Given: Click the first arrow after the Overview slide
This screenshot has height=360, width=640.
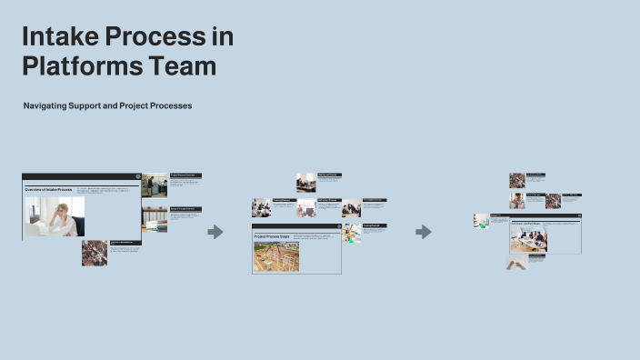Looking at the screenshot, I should point(215,232).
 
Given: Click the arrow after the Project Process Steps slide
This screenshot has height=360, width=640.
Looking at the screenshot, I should point(424,232).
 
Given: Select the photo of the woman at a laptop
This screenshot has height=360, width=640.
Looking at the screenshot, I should point(55,216).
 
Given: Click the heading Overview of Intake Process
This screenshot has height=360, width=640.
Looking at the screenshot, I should point(48,189).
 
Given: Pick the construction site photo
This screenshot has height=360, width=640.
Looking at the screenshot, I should point(276,256).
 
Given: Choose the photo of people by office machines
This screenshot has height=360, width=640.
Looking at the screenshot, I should point(155,185).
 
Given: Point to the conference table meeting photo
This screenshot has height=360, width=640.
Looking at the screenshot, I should point(528,240).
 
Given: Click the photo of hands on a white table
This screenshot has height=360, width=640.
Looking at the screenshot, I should point(515,263).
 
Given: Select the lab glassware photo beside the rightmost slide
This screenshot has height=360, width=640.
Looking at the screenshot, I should point(481,221).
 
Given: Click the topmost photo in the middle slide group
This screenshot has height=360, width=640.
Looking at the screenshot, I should point(305,182).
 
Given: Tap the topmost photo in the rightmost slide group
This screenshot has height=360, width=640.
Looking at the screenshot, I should point(517,180).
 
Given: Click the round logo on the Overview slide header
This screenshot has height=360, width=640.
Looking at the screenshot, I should point(137,176).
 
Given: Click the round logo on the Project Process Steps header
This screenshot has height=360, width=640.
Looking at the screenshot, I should point(337,226).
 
